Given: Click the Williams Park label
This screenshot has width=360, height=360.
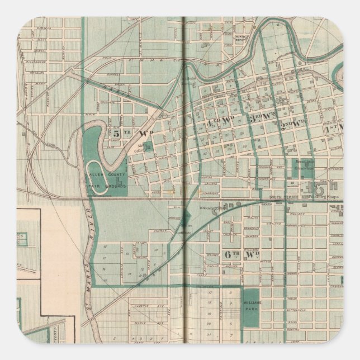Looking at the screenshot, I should pyautogui.click(x=252, y=305).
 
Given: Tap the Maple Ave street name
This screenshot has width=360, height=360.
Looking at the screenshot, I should pyautogui.click(x=138, y=336).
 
